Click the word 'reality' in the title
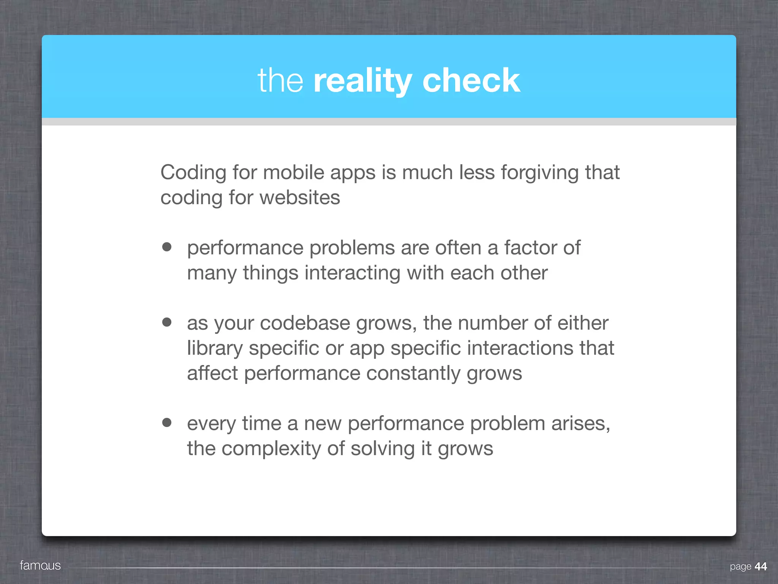pos(362,81)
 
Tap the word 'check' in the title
pos(471,81)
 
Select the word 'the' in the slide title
pos(280,81)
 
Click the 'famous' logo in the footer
pos(40,565)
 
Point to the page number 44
pos(761,567)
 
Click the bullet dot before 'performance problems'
pos(167,247)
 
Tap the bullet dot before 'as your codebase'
pos(167,322)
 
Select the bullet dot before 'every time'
pos(167,422)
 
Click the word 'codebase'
pos(305,323)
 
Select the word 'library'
pos(215,349)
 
